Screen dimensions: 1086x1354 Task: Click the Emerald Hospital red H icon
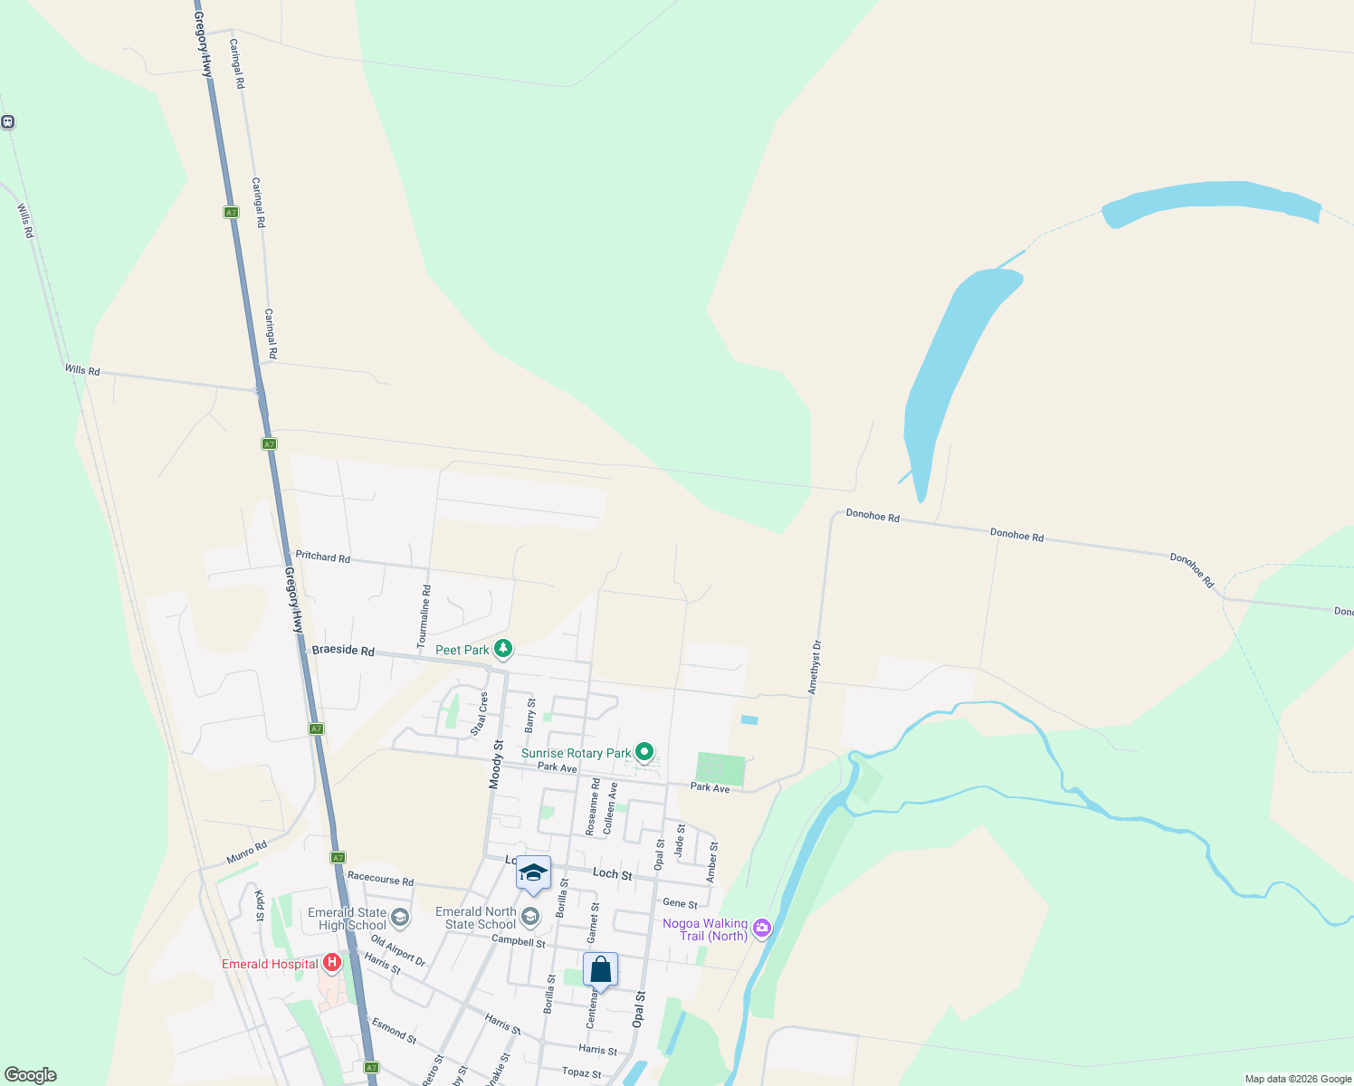point(332,963)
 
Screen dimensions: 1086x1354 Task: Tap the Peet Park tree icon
point(503,649)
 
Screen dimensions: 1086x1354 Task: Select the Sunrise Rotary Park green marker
point(644,752)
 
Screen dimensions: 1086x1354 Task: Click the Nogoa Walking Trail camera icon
point(762,928)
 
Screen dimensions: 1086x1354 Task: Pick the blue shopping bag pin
point(600,970)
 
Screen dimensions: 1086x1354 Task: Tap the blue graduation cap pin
point(533,873)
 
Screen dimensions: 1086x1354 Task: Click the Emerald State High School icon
point(400,919)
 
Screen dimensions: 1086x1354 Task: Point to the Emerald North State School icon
point(530,918)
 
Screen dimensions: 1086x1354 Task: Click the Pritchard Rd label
point(322,557)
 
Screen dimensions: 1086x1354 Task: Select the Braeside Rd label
point(342,650)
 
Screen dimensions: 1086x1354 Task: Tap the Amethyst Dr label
point(815,668)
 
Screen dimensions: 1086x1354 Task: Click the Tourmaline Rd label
point(424,617)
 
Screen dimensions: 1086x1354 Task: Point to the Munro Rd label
point(246,852)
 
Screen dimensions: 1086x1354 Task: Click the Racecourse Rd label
point(380,879)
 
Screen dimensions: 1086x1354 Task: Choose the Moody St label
point(496,765)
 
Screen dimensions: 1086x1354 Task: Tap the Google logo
point(31,1075)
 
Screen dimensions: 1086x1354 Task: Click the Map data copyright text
point(1297,1079)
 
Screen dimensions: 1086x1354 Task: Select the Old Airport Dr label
point(397,950)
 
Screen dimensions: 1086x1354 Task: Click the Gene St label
point(680,903)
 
